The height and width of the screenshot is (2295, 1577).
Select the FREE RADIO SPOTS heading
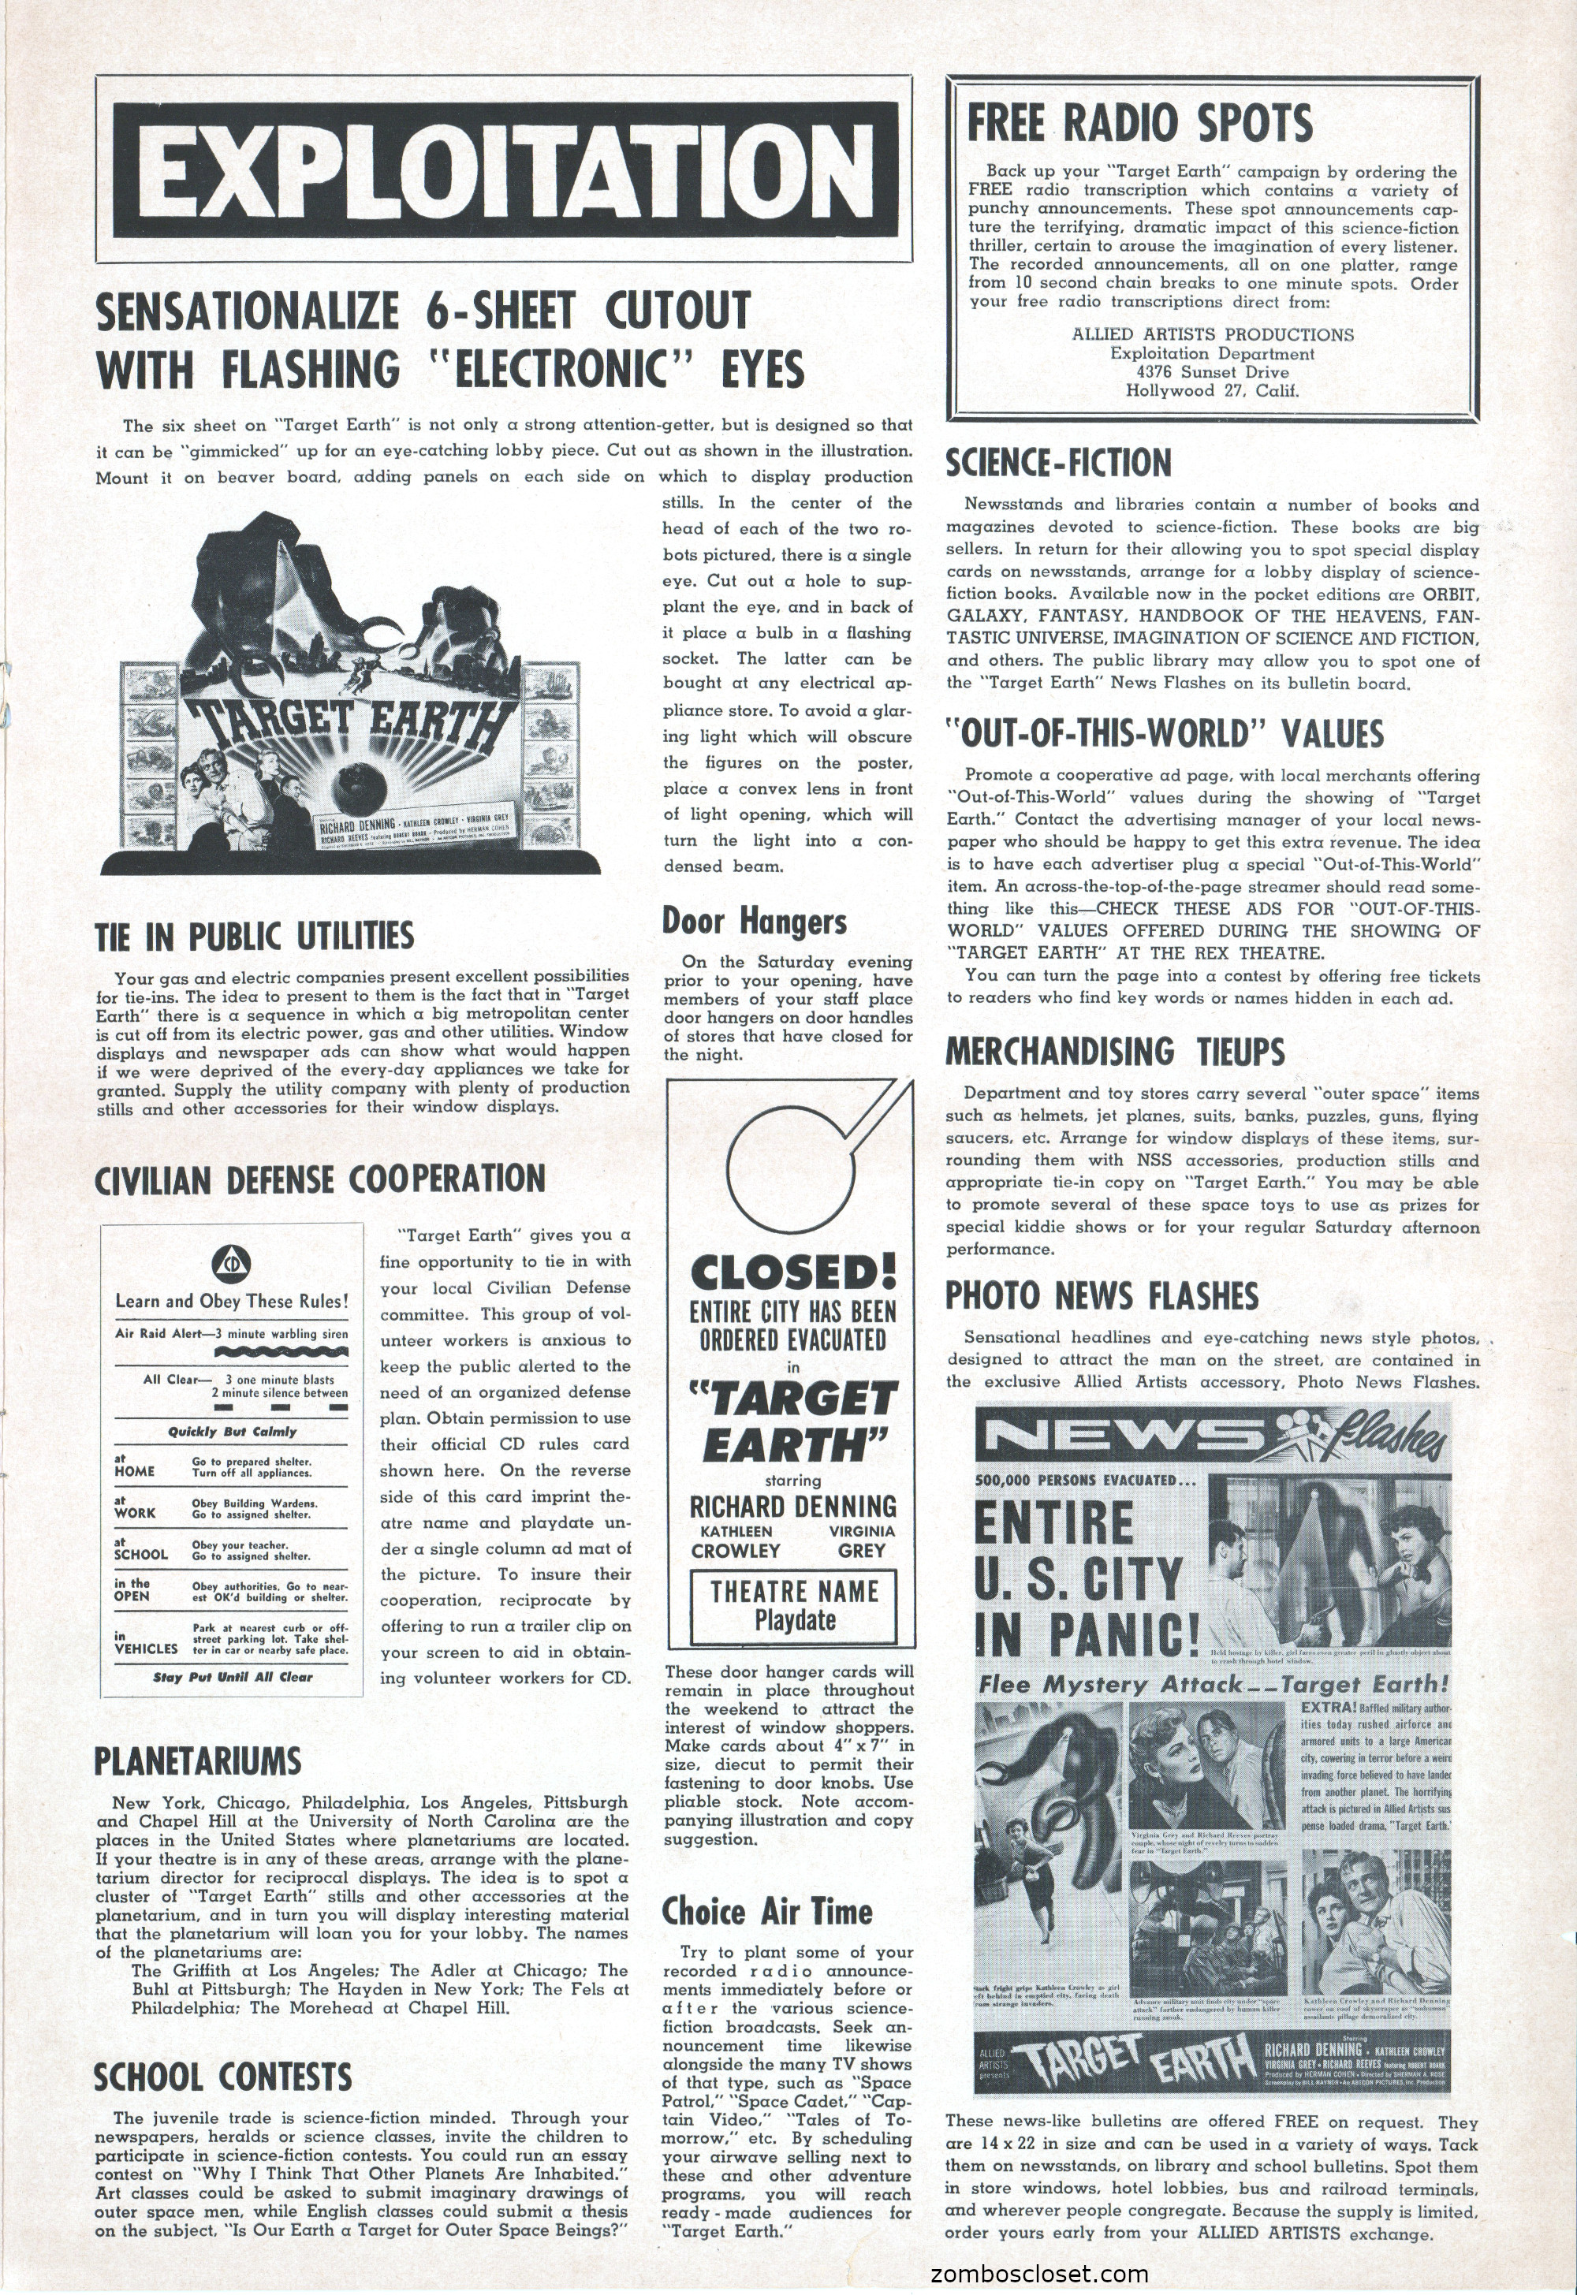[x=1139, y=124]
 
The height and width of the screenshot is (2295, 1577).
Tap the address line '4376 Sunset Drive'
[x=1213, y=371]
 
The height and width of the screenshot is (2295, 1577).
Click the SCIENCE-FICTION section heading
[x=1058, y=462]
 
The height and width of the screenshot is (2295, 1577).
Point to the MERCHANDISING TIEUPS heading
[x=1116, y=1050]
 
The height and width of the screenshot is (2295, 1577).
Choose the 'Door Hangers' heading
[x=754, y=921]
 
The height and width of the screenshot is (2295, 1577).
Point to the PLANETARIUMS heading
[x=198, y=1760]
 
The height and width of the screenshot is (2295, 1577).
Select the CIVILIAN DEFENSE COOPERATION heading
[x=320, y=1178]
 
